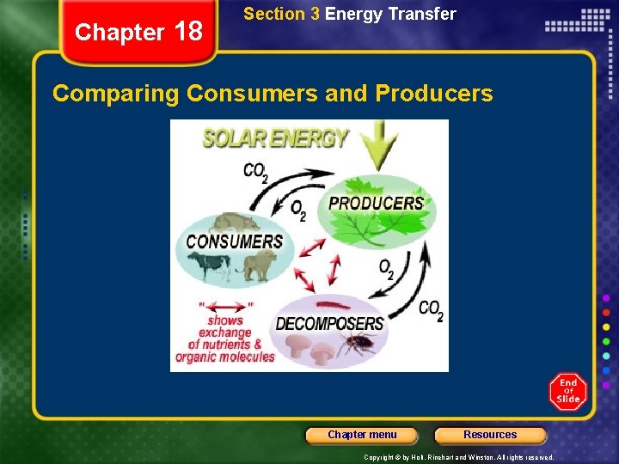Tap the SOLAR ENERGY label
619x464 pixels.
(x=275, y=138)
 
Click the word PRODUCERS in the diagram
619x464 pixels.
(x=377, y=203)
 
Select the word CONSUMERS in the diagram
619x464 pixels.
(x=234, y=241)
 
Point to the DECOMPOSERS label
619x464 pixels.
(x=329, y=324)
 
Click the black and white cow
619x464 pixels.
(x=211, y=266)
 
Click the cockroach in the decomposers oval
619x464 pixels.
(x=355, y=345)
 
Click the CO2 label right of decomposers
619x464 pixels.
(x=431, y=310)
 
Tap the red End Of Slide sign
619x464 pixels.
(x=568, y=392)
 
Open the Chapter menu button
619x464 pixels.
(x=362, y=435)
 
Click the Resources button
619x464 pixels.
(x=490, y=435)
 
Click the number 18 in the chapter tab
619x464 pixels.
(x=187, y=32)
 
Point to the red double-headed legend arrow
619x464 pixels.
(x=225, y=305)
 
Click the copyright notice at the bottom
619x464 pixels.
(x=458, y=457)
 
